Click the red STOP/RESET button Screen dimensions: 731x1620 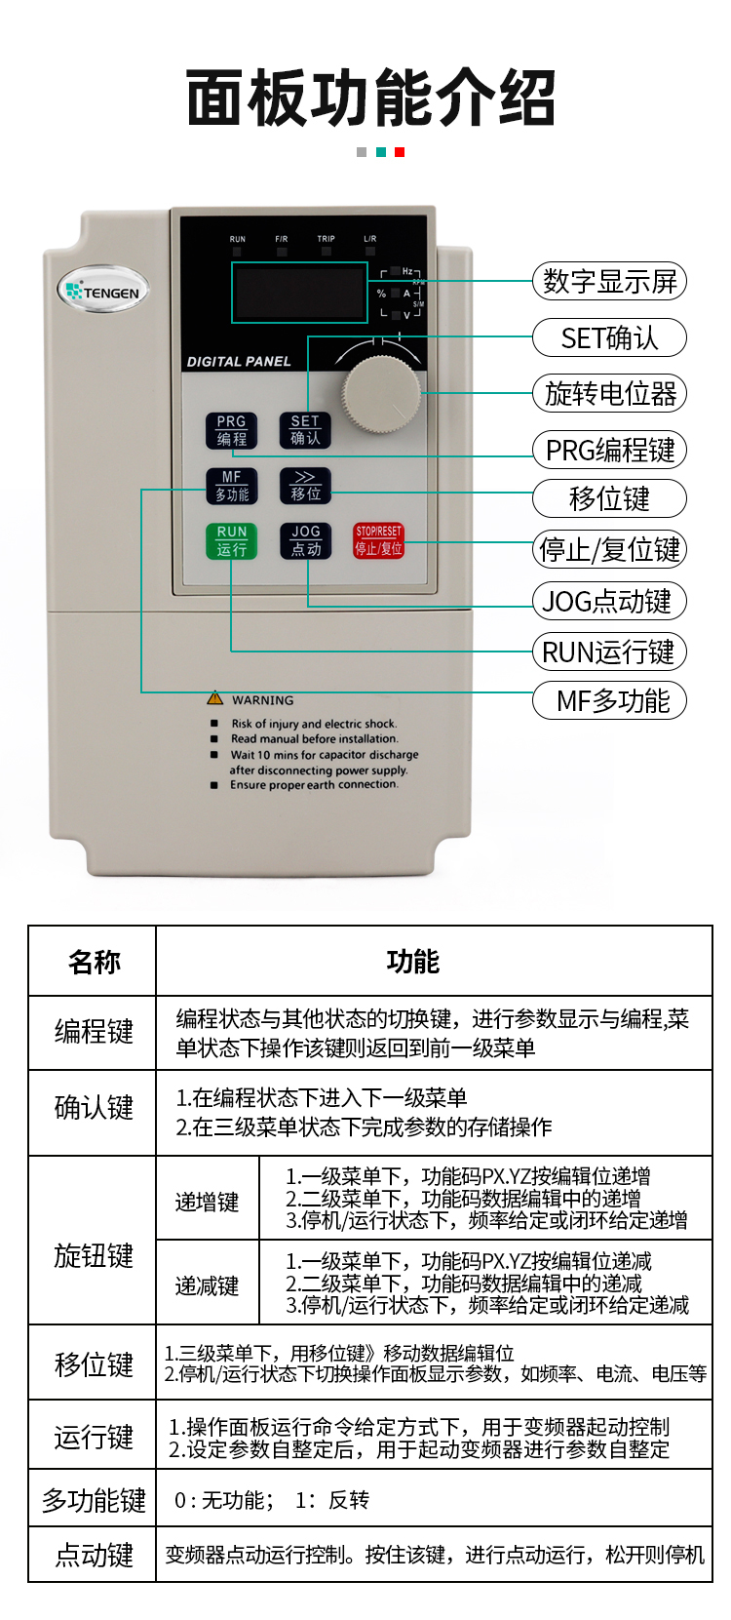pos(378,540)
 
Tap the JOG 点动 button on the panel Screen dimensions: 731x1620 pos(306,540)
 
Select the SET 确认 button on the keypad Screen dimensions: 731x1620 pos(305,430)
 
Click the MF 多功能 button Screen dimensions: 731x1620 pos(231,486)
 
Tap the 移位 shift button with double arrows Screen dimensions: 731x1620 pos(305,486)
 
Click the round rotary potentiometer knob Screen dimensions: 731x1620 pos(382,394)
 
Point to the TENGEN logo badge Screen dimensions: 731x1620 pos(103,291)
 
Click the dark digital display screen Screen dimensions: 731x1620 pos(299,293)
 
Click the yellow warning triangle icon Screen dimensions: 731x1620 pos(214,698)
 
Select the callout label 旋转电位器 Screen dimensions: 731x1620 pos(609,393)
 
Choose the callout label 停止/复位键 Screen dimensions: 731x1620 pos(609,549)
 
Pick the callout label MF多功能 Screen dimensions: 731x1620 pos(609,700)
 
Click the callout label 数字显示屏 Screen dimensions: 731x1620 pos(609,281)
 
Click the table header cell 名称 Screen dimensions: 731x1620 pos(93,961)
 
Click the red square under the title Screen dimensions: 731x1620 pos(399,152)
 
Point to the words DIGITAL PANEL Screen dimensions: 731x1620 pos(239,362)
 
